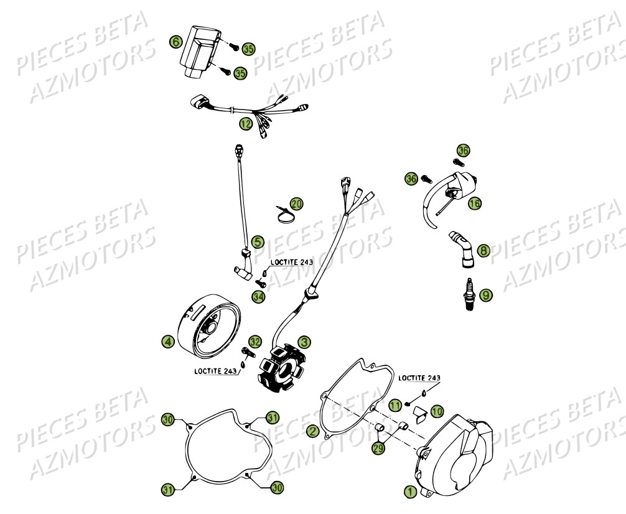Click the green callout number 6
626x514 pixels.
click(176, 42)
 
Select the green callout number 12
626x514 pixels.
click(246, 124)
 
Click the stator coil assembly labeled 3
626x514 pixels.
click(280, 367)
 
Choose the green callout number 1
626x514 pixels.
click(409, 491)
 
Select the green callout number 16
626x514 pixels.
click(475, 203)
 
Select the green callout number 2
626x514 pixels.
click(312, 431)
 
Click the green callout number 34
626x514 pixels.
click(258, 297)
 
